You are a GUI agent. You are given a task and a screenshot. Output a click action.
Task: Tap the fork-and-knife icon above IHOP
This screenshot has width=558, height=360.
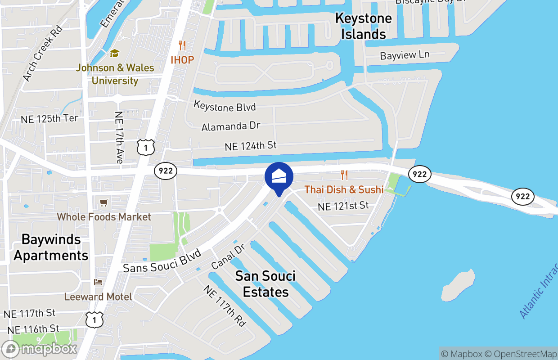[x=182, y=45]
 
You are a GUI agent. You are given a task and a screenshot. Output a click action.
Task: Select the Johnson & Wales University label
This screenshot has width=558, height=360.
[x=115, y=74]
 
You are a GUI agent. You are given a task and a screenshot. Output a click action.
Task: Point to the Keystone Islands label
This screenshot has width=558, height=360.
[x=364, y=26]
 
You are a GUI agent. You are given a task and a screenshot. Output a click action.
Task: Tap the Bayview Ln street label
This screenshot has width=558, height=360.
[x=405, y=55]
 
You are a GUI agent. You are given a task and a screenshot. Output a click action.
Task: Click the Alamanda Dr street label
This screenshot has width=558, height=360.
[x=230, y=126]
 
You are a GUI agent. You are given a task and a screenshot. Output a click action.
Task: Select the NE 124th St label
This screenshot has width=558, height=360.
[x=251, y=146]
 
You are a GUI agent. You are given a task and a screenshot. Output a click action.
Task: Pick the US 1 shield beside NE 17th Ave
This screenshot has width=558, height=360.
[x=146, y=148]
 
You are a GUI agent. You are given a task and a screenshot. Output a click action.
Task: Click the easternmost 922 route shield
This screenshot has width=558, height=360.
[x=522, y=196]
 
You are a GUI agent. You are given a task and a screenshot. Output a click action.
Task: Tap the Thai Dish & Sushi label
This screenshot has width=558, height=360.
[x=344, y=189]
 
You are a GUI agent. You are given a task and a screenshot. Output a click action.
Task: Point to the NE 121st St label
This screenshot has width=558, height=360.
[x=343, y=206]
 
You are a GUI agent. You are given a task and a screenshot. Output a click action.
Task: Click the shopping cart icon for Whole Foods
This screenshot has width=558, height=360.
[x=104, y=203]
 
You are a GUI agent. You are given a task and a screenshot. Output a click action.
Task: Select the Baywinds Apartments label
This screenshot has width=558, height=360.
[x=51, y=247]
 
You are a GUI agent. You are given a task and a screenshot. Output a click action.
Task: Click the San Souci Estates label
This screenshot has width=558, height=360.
[x=265, y=283]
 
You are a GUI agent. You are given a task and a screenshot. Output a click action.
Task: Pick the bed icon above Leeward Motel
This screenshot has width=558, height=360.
[x=98, y=282]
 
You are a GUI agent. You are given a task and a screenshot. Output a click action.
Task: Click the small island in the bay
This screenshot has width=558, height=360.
[x=458, y=285]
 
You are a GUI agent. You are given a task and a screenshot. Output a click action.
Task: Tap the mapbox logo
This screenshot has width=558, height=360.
[x=40, y=349]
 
